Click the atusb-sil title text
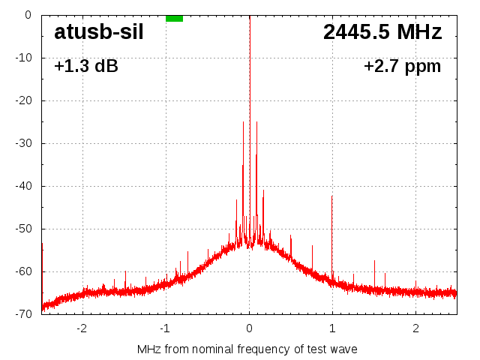99,32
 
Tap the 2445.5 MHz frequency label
382,32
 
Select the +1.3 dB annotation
86,66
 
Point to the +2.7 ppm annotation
402,66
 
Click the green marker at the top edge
174,18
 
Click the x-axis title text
247,349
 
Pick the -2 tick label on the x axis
82,328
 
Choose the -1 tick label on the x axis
165,328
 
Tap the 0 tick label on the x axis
249,328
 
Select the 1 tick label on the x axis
332,328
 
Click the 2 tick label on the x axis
415,328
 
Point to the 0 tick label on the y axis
27,15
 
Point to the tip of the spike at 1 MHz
331,196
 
